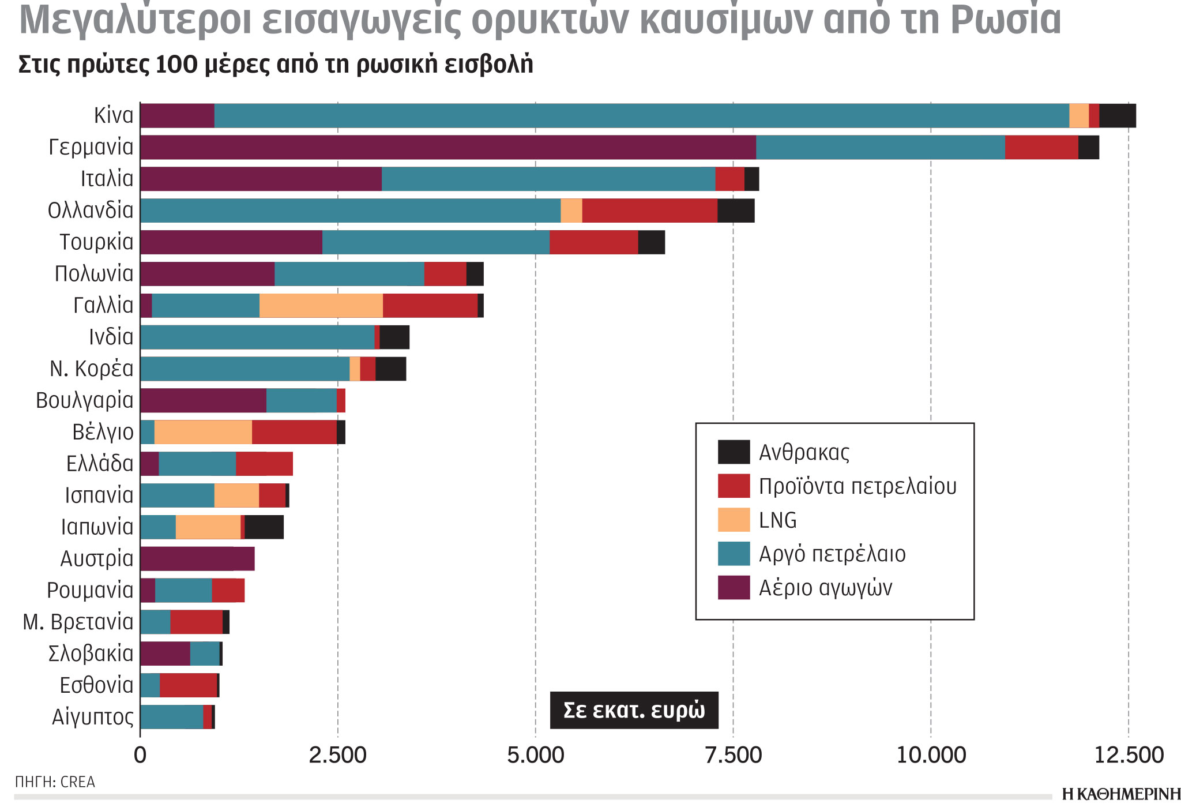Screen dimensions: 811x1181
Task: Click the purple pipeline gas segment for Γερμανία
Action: (447, 147)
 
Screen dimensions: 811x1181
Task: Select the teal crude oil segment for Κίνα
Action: (641, 115)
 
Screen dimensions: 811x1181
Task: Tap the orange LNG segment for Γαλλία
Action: (321, 305)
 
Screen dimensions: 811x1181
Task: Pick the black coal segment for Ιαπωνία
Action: (264, 527)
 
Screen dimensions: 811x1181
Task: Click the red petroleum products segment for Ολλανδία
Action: (649, 211)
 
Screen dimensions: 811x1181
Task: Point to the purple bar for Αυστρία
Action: (197, 559)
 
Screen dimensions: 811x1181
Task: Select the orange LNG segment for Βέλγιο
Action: (203, 432)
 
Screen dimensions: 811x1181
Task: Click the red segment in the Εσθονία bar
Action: (188, 685)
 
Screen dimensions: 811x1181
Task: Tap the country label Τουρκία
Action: (96, 242)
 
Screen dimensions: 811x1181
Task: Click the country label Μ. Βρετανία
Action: (78, 622)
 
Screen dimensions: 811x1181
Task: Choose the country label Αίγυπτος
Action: (92, 717)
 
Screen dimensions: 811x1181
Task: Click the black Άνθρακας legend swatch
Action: (734, 452)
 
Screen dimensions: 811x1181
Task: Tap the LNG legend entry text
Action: (777, 520)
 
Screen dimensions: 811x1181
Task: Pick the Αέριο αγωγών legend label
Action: (825, 588)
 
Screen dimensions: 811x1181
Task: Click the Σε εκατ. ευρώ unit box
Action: (634, 710)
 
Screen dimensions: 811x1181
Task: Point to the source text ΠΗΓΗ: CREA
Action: (55, 782)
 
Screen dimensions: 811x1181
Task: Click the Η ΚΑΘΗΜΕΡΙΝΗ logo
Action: (1120, 794)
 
